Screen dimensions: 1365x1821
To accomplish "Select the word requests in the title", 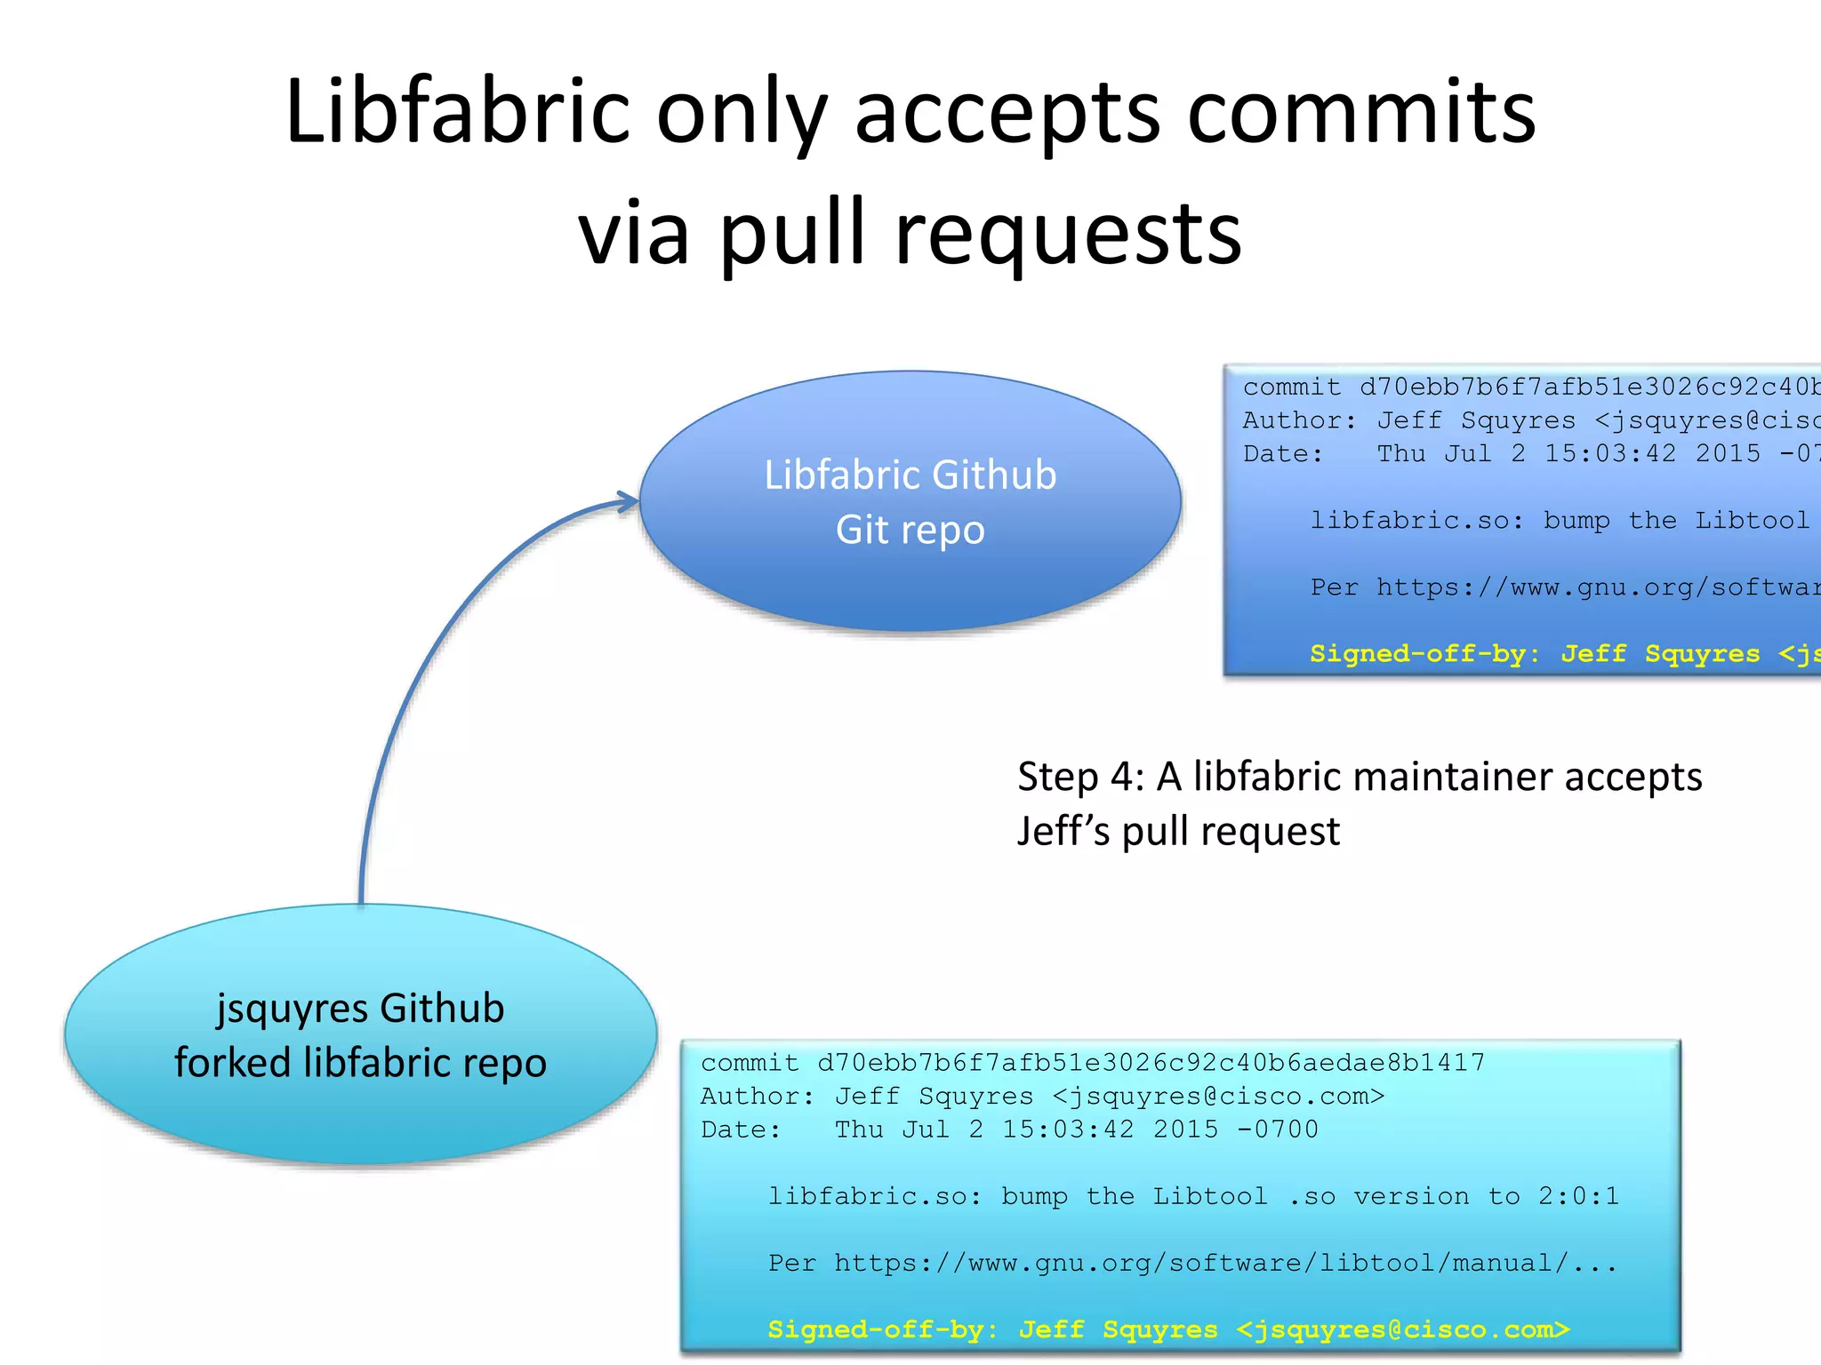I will [1068, 234].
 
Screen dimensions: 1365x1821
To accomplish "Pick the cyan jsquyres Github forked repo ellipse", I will [360, 1111].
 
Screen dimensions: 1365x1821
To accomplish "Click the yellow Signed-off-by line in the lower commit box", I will [1168, 1329].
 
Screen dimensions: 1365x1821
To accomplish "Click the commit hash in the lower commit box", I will [1151, 1063].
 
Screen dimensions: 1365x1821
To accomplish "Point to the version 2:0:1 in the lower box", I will [1578, 1196].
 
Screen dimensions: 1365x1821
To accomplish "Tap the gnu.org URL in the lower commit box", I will [1225, 1263].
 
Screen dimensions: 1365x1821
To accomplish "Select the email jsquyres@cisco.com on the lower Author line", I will [1218, 1097].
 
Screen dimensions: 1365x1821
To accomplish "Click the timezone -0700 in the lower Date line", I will [1278, 1130].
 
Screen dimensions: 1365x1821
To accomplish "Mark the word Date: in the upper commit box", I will [1283, 454].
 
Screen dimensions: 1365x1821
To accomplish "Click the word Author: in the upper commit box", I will [1299, 420].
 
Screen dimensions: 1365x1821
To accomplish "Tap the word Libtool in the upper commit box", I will [1752, 521].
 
